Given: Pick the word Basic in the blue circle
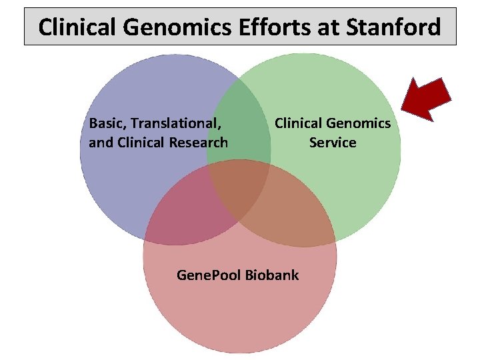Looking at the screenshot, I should coord(107,123).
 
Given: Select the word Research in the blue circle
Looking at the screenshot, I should coord(199,143).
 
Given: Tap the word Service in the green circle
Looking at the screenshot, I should coord(333,143).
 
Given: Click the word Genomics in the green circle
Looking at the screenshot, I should coord(362,123).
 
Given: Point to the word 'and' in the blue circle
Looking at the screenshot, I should coord(101,143).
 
